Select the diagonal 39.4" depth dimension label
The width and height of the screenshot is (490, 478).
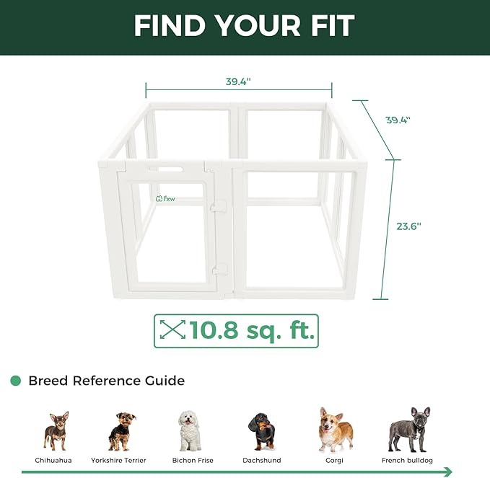coord(397,120)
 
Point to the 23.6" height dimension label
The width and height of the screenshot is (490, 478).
coord(408,226)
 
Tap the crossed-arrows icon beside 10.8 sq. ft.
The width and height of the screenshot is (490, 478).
coord(172,331)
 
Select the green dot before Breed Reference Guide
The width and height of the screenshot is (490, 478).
coord(15,381)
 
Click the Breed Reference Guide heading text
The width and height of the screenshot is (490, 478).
coord(106,381)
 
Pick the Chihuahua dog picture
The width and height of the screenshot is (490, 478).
coord(55,431)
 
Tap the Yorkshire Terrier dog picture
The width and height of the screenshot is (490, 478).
coord(121,431)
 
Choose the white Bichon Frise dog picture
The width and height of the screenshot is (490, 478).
coord(190,431)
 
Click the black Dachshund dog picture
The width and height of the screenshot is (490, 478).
coord(261,431)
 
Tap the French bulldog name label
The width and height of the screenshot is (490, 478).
coord(407,460)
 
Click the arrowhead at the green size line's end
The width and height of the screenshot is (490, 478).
coord(449,472)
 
